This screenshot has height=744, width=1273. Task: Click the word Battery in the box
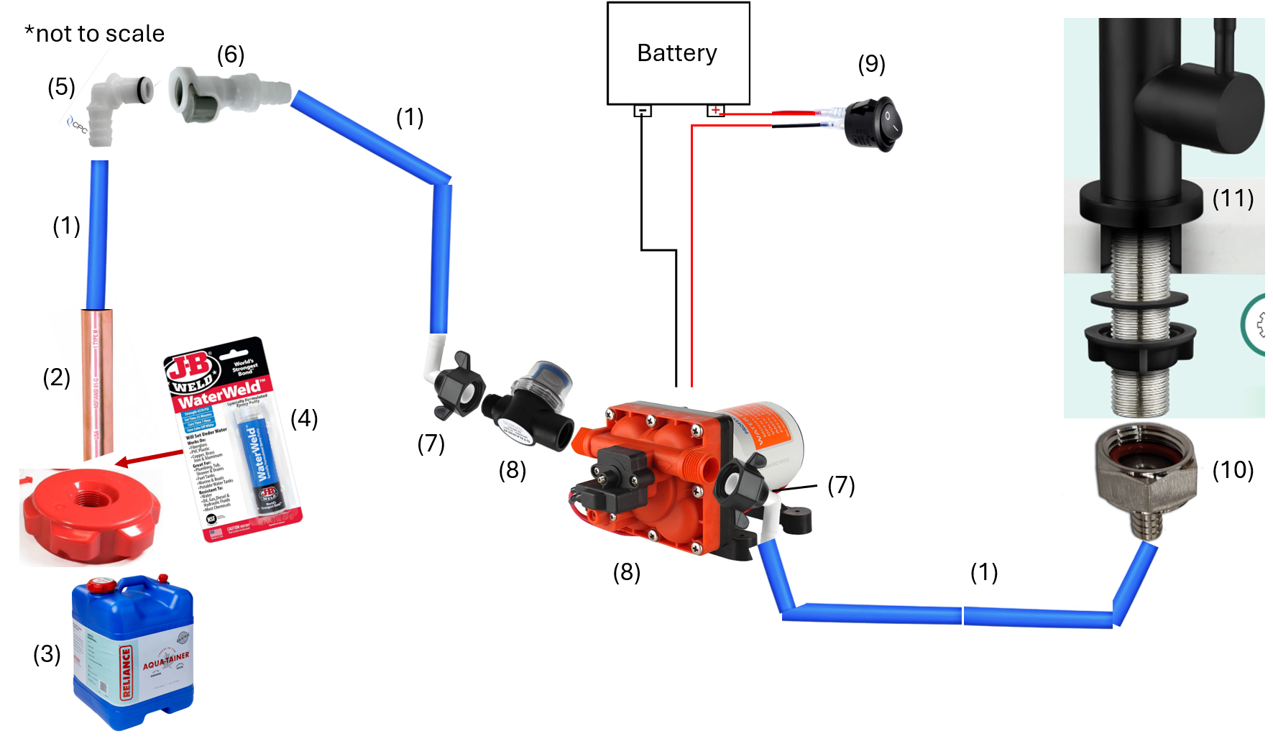coord(676,53)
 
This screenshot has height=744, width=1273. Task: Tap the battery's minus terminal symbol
coord(643,111)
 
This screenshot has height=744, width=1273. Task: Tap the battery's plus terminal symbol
coord(715,110)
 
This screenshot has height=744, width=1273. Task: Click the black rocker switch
coord(873,124)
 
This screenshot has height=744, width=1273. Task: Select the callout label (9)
coord(871,64)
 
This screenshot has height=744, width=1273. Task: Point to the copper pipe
coord(97,385)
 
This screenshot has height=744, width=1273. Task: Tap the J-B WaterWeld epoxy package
coord(234,438)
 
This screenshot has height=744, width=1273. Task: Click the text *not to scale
coord(94,34)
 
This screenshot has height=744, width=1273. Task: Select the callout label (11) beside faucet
coord(1232,198)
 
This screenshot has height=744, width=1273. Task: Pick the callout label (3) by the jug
coord(47,654)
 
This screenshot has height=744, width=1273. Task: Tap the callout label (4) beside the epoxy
coord(304,418)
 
